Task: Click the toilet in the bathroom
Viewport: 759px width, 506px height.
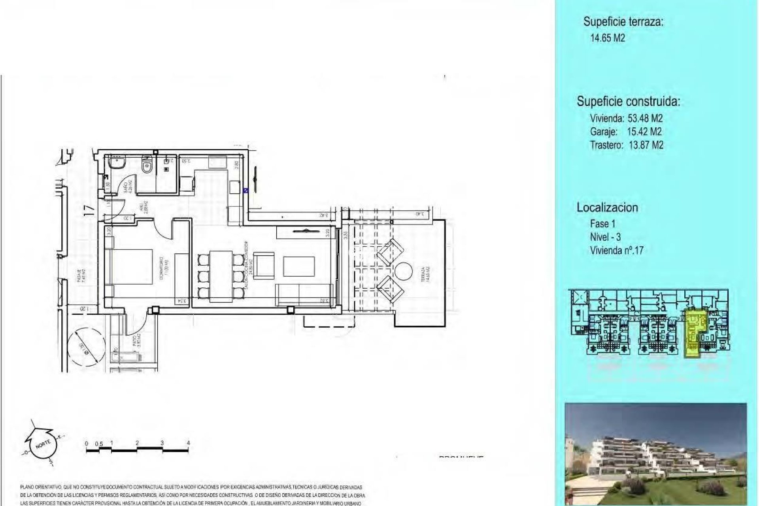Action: pos(147,164)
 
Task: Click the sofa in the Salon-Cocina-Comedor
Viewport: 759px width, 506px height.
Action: pos(304,295)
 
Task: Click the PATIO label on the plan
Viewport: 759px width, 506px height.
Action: pos(135,341)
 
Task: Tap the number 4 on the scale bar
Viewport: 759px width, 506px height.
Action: pos(188,443)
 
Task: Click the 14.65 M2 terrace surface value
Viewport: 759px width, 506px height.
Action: pos(608,38)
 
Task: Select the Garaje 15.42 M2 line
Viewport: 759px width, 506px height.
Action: pos(626,132)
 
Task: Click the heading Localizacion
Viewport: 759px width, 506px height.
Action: pos(607,208)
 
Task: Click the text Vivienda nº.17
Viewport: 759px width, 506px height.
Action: pos(616,250)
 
